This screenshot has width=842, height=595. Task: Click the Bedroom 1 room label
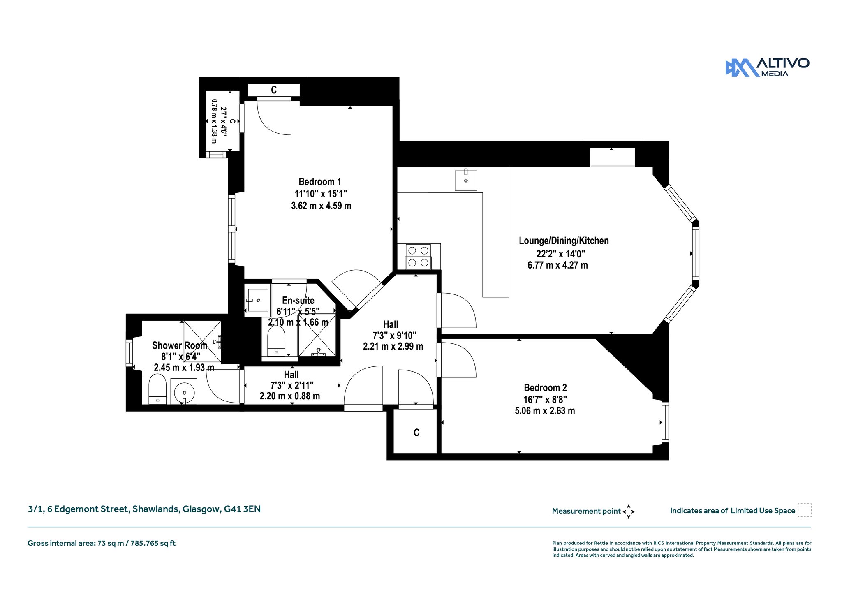pos(320,182)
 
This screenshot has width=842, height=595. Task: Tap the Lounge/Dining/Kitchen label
pos(564,241)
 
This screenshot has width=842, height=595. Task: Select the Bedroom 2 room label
pos(545,388)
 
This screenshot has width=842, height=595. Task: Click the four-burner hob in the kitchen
pos(419,257)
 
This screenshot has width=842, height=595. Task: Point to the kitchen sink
pos(466,180)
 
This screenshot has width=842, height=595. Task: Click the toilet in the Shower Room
pos(157,389)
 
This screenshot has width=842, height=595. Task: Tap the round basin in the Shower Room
pos(184,392)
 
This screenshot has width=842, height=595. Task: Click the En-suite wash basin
pos(258,300)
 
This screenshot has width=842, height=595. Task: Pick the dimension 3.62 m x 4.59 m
pos(321,206)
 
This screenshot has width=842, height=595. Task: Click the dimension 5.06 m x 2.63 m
pos(545,411)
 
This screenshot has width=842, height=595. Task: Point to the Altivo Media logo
pos(767,67)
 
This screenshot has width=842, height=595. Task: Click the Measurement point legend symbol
pos(629,512)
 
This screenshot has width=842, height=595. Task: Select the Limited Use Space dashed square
pos(805,510)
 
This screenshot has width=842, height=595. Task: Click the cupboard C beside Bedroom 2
pos(416,433)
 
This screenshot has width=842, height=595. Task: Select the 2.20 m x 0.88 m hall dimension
pos(290,396)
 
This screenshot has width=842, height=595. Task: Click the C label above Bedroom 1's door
pos(274,90)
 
